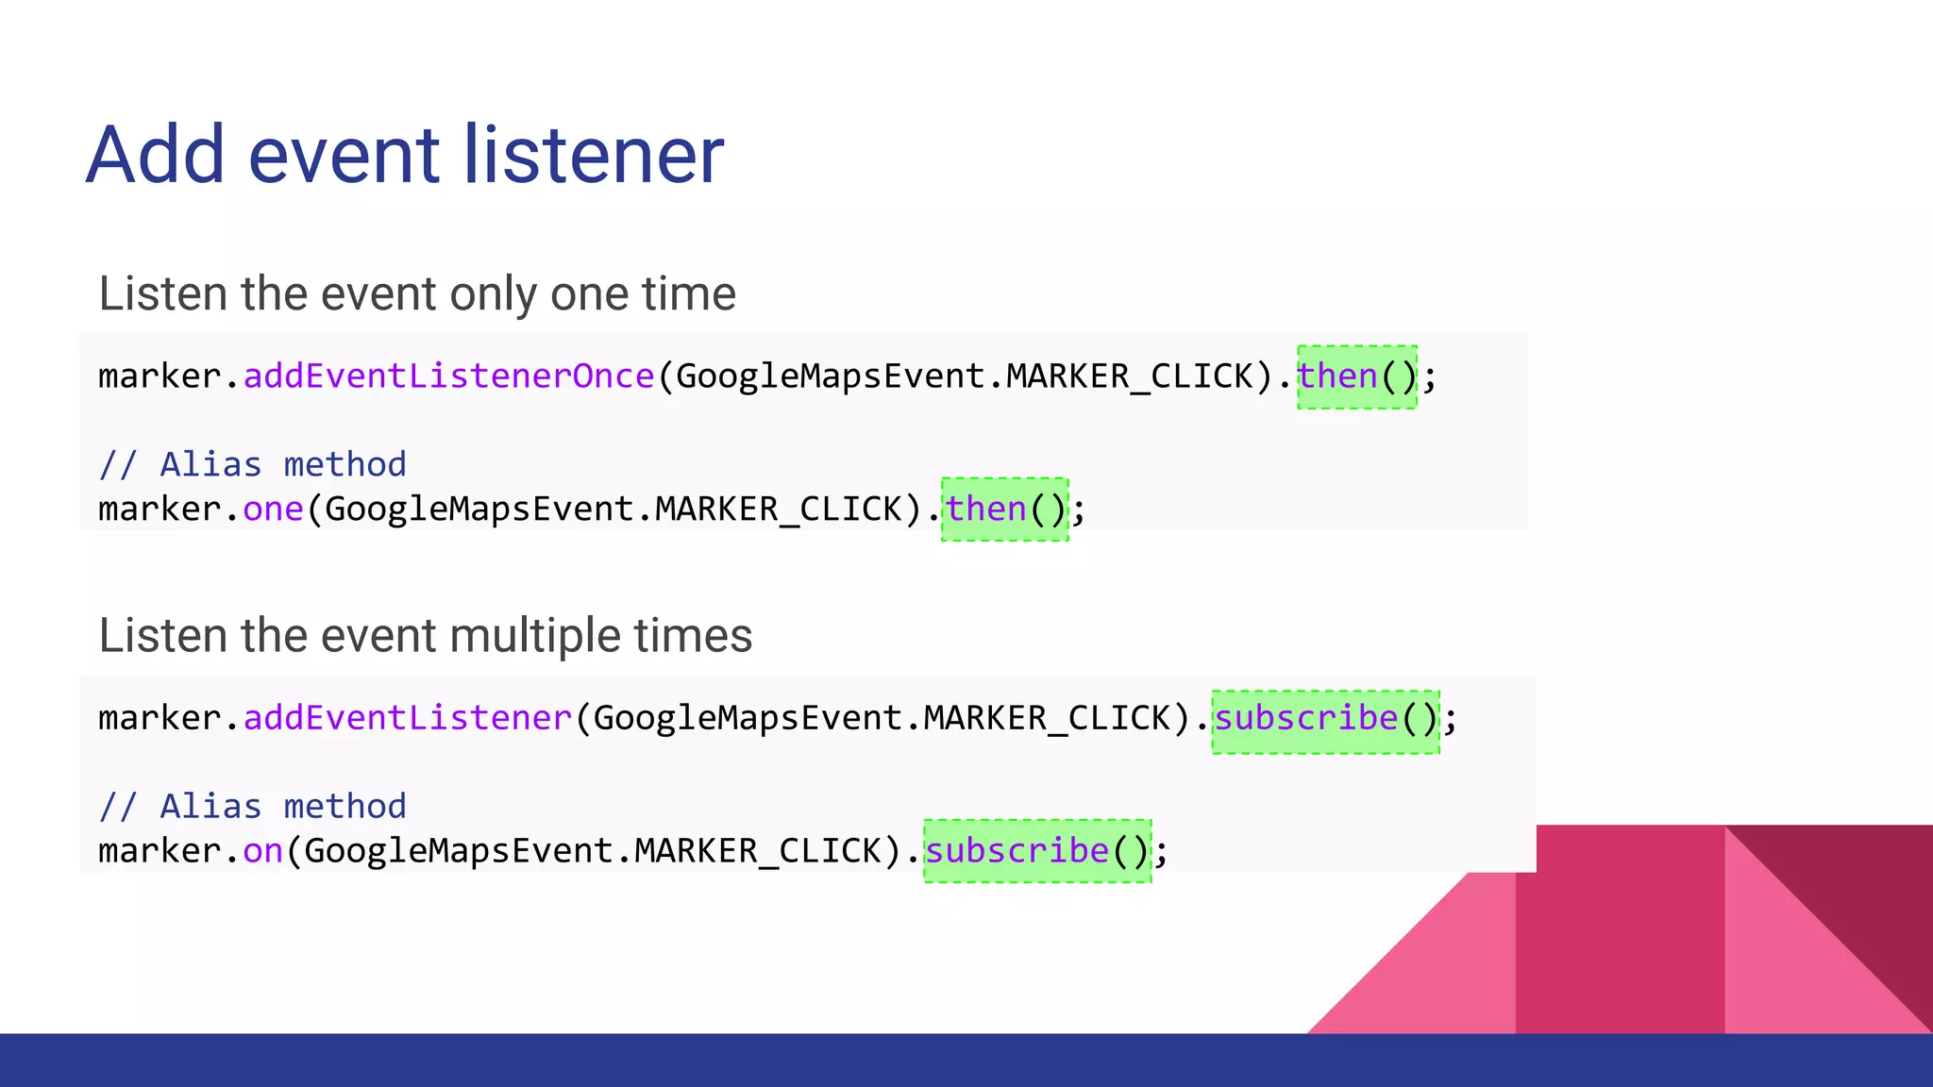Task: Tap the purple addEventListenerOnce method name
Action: (448, 376)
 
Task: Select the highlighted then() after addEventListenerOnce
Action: (1356, 376)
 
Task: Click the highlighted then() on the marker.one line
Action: (1004, 510)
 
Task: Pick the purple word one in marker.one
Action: (273, 510)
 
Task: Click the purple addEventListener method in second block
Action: (408, 718)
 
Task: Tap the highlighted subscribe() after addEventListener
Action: (1325, 719)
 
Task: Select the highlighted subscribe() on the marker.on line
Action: (1036, 851)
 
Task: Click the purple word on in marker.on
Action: (262, 851)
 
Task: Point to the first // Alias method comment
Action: (252, 465)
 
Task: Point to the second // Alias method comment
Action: (252, 807)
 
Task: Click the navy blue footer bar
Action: (966, 1061)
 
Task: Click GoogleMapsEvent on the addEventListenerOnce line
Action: (831, 376)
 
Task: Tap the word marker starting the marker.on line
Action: (160, 851)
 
